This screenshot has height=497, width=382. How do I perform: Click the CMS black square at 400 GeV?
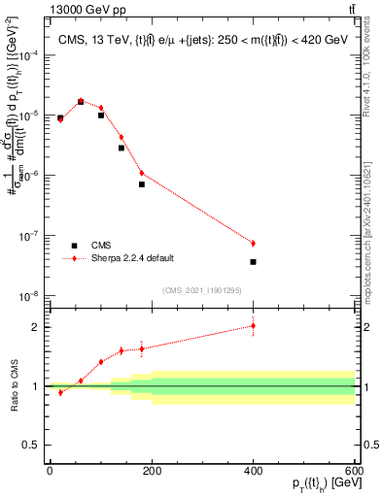coord(253,262)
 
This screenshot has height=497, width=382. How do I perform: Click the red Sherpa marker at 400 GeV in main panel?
coord(253,243)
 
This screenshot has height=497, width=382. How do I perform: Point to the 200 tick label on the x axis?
coord(151,470)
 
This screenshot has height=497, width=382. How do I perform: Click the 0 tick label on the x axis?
coord(50,470)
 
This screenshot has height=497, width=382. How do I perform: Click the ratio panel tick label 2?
coord(36,327)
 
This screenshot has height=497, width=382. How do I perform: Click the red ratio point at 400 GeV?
coord(253,326)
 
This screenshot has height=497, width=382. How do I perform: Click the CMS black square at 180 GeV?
coord(141,183)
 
